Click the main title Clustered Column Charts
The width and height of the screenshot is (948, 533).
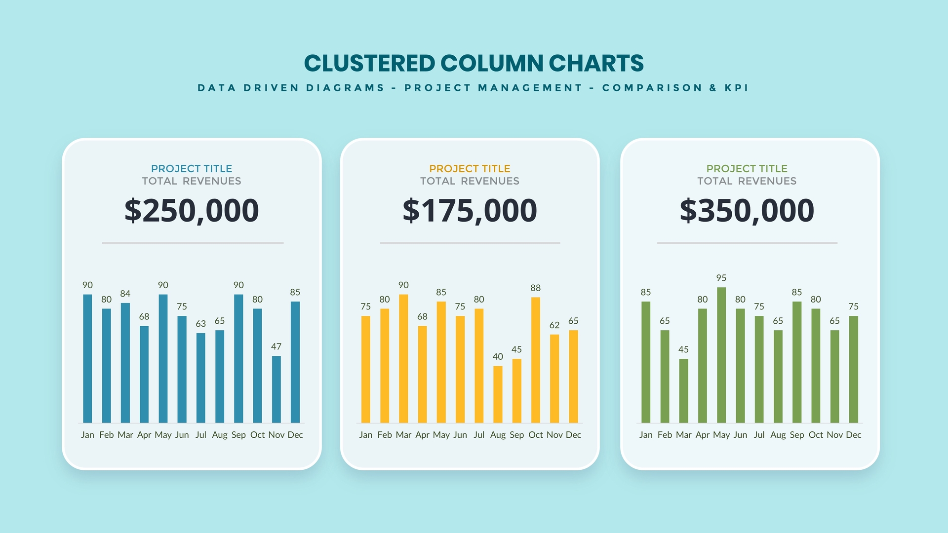[x=474, y=64]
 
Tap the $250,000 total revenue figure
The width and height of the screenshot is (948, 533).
[x=192, y=211]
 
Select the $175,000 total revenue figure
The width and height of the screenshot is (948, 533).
[x=470, y=211]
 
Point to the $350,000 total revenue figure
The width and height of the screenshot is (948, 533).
[x=747, y=211]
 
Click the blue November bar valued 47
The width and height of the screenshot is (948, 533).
[x=276, y=389]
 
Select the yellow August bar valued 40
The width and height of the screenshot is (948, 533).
[x=498, y=394]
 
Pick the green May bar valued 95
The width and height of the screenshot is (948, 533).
[x=721, y=355]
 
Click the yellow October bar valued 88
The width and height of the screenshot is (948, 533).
[x=536, y=360]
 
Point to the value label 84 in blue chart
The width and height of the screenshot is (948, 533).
[x=125, y=294]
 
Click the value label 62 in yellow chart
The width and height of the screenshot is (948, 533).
[x=554, y=325]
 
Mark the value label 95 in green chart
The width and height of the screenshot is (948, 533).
[x=721, y=278]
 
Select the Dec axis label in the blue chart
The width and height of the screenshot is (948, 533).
[x=295, y=435]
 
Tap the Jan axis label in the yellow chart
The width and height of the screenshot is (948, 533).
[x=366, y=435]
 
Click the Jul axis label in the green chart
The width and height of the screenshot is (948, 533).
[x=759, y=435]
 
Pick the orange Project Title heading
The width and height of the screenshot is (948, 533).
[x=470, y=169]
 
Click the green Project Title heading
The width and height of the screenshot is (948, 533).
[x=747, y=169]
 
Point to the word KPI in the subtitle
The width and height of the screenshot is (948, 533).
[x=736, y=88]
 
